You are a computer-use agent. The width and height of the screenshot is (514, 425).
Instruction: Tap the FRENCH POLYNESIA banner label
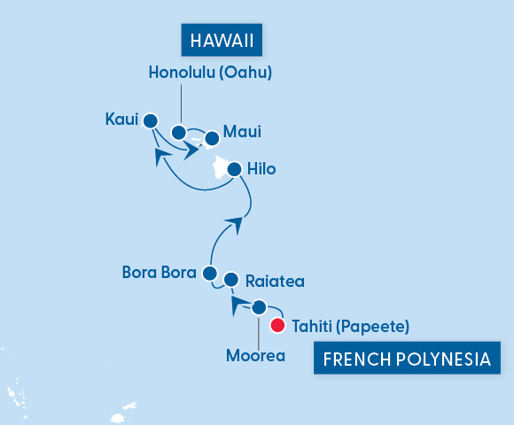[x=407, y=360]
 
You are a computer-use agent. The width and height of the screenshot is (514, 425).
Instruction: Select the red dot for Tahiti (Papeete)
[x=277, y=326]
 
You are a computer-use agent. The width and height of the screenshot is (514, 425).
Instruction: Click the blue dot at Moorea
[x=259, y=307]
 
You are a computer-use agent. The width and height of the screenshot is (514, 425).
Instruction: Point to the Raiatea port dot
[x=230, y=280]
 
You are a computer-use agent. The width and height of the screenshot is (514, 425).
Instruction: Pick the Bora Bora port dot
[x=210, y=273]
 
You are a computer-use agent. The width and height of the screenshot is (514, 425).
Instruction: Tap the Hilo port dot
[x=234, y=168]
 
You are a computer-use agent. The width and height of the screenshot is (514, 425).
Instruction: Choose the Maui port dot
[x=211, y=138]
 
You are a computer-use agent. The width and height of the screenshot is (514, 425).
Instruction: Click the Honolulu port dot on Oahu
[x=179, y=133]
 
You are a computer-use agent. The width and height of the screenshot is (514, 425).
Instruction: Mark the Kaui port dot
[x=151, y=120]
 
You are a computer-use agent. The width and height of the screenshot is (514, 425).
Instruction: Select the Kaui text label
[x=121, y=119]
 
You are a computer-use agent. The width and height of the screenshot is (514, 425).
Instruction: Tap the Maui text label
[x=242, y=132]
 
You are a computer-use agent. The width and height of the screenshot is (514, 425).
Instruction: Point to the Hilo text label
[x=262, y=168]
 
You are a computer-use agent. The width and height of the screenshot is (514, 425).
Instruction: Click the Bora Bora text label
[x=159, y=273]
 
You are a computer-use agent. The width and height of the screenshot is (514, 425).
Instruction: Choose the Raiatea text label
[x=275, y=282]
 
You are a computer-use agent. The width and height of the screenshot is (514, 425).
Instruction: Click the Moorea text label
[x=255, y=356]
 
